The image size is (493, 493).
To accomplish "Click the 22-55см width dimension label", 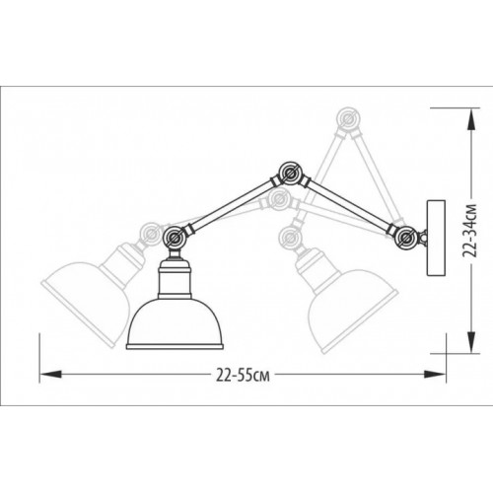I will (242, 375).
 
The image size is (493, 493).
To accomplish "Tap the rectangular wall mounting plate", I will (433, 237).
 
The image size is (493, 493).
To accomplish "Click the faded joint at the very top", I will (346, 120).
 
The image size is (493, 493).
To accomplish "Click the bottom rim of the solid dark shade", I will (176, 345).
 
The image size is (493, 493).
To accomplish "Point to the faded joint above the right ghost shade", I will (290, 236).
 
